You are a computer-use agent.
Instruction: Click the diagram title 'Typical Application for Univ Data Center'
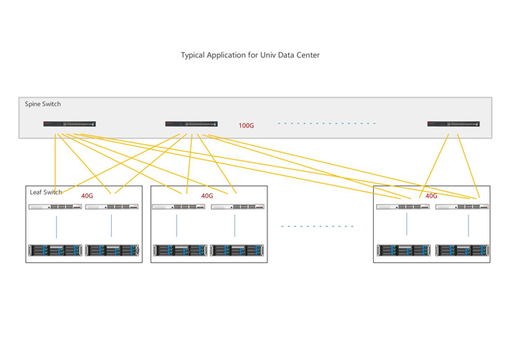(x=250, y=55)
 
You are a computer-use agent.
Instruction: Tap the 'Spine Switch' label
(x=43, y=104)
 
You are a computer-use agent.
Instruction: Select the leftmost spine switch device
(x=70, y=124)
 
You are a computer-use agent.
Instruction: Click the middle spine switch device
(x=191, y=124)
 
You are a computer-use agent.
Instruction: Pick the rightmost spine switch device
(x=453, y=124)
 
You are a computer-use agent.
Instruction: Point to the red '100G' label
(x=246, y=126)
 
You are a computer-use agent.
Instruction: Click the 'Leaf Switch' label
(x=46, y=192)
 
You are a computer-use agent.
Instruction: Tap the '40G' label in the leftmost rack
(x=87, y=196)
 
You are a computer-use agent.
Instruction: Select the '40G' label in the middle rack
(x=207, y=196)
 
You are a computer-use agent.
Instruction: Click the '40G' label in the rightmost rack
(x=431, y=196)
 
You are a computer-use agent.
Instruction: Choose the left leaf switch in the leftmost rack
(x=55, y=207)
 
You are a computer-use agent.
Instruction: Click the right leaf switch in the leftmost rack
(x=113, y=207)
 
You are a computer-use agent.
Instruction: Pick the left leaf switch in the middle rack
(x=178, y=207)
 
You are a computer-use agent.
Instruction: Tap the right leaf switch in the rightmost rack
(x=462, y=207)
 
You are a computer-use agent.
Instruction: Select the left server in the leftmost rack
(x=55, y=250)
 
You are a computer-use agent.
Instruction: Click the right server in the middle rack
(x=237, y=250)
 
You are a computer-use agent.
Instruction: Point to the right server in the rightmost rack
(x=462, y=250)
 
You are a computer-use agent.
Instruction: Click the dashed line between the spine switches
(x=326, y=124)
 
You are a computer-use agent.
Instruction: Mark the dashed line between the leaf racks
(x=317, y=226)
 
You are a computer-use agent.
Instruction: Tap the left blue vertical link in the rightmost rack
(x=406, y=224)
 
